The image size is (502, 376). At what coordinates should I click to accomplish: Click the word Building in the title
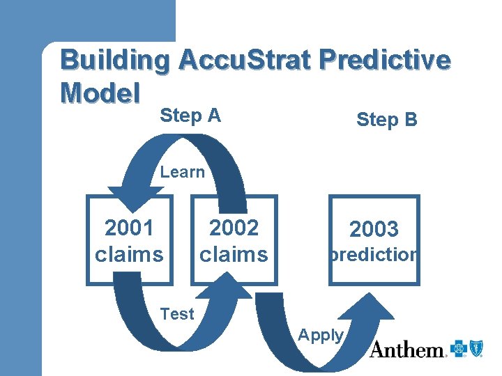114,61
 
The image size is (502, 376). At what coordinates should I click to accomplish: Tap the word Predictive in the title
388,61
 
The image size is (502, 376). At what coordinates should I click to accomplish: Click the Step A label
190,116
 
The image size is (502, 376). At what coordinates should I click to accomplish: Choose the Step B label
386,120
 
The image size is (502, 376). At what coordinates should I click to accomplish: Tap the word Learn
183,172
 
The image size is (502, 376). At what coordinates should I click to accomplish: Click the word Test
177,314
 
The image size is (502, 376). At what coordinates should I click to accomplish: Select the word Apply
321,335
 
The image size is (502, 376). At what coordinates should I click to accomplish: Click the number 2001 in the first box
129,228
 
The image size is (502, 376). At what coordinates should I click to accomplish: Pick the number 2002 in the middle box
234,228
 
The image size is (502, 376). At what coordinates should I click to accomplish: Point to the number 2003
374,229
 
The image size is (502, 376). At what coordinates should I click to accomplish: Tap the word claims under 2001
129,254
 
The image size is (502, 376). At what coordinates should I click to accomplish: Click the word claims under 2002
234,254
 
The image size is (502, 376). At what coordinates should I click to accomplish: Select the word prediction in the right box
374,255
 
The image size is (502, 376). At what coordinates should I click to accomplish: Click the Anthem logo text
407,350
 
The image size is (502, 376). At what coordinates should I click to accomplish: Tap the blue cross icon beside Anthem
458,348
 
